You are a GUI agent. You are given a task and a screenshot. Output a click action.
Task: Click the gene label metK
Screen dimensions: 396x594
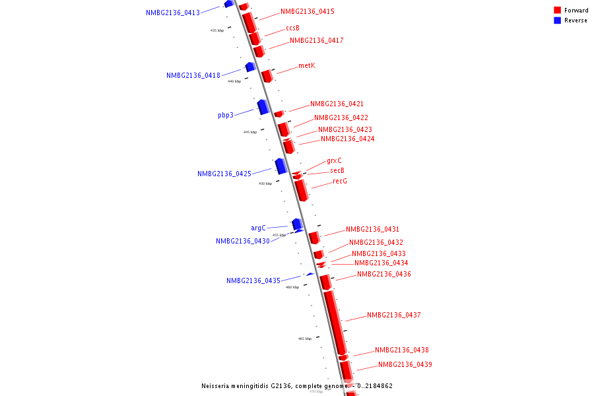pyautogui.click(x=307, y=65)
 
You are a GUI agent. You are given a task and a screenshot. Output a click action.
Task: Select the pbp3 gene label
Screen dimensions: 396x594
pyautogui.click(x=226, y=115)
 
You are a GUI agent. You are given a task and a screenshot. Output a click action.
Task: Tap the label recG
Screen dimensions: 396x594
pyautogui.click(x=340, y=181)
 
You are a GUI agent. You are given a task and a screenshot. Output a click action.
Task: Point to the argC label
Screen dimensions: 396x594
pyautogui.click(x=258, y=228)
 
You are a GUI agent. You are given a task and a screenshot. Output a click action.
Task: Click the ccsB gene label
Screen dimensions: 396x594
pyautogui.click(x=292, y=28)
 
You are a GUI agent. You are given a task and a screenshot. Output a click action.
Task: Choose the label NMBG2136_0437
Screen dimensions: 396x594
pyautogui.click(x=393, y=315)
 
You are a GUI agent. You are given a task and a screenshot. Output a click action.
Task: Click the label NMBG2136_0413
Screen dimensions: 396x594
pyautogui.click(x=173, y=13)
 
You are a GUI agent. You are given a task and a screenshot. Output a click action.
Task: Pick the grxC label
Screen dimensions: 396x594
pyautogui.click(x=334, y=161)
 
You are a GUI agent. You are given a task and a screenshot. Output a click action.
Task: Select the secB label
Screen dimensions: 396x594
pyautogui.click(x=337, y=170)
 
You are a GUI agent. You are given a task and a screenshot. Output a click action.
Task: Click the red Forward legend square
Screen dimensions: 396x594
pyautogui.click(x=558, y=11)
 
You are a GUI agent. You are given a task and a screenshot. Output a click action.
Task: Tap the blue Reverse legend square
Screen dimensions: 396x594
pyautogui.click(x=558, y=20)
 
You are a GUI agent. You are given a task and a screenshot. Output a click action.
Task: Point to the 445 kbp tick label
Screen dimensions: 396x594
pyautogui.click(x=249, y=132)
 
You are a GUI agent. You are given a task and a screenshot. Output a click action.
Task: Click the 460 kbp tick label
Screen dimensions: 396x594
pyautogui.click(x=292, y=287)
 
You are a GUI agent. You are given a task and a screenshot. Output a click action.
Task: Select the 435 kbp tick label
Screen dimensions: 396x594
pyautogui.click(x=217, y=30)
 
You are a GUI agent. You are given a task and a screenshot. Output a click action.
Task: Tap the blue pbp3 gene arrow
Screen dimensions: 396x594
pyautogui.click(x=263, y=106)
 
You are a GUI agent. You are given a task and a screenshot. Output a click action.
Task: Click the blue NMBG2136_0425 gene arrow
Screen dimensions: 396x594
pyautogui.click(x=281, y=166)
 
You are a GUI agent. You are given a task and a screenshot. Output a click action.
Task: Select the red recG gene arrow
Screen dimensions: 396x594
pyautogui.click(x=302, y=190)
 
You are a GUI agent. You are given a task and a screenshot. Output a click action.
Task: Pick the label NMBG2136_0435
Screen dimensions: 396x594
pyautogui.click(x=253, y=280)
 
